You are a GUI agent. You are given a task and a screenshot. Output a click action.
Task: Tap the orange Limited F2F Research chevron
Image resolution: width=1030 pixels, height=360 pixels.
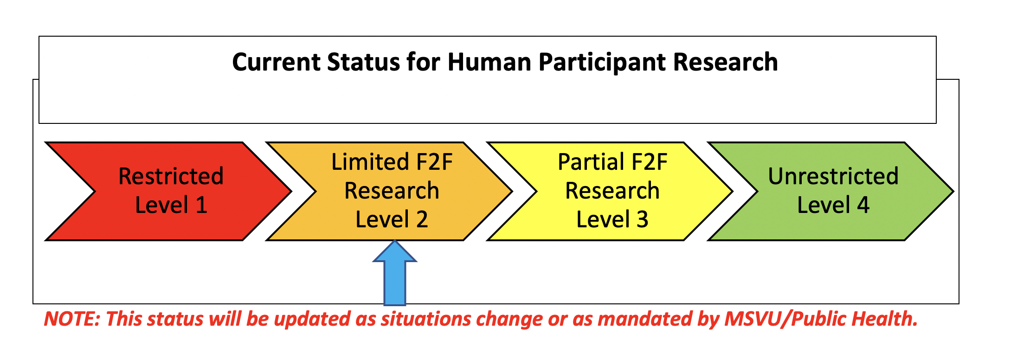390,191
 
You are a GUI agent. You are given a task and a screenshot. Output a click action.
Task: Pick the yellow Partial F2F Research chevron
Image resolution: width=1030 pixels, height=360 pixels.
611,191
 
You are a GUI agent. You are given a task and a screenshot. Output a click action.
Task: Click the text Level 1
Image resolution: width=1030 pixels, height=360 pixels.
171,205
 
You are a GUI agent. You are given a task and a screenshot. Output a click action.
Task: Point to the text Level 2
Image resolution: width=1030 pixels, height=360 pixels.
392,219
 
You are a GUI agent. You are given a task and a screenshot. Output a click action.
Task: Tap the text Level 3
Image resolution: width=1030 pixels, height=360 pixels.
612,219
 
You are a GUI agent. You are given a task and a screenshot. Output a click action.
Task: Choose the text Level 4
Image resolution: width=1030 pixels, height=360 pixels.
833,205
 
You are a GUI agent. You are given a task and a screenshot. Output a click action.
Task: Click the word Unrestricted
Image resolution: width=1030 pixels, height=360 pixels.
833,176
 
